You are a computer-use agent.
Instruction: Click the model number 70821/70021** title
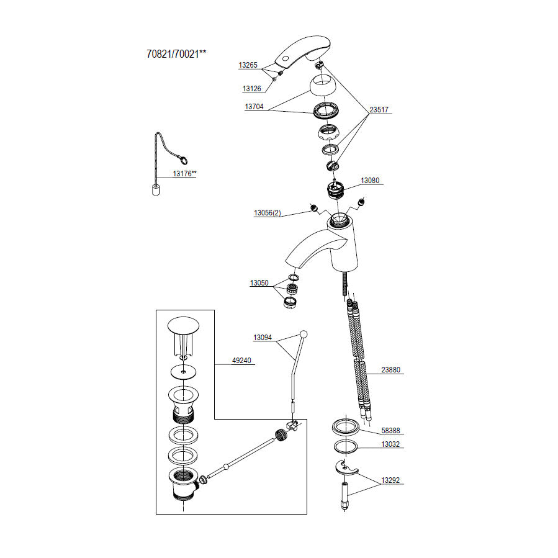(x=176, y=54)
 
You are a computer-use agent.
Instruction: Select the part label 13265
(x=248, y=65)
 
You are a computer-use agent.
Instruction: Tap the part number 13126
(x=251, y=89)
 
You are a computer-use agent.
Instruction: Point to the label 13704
(x=254, y=106)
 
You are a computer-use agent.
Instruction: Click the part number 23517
(x=379, y=110)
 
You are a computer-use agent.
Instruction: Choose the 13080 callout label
(x=370, y=181)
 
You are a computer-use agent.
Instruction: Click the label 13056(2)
(x=268, y=213)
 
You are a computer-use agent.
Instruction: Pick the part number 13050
(x=259, y=283)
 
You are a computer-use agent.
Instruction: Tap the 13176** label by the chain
(x=184, y=174)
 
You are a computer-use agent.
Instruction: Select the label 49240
(x=241, y=361)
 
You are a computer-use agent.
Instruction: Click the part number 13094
(x=263, y=338)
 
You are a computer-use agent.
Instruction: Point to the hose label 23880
(x=391, y=370)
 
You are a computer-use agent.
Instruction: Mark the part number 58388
(x=391, y=431)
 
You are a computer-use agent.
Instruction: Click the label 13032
(x=390, y=444)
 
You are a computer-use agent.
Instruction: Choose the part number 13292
(x=390, y=480)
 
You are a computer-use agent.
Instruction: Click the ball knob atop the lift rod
(x=304, y=334)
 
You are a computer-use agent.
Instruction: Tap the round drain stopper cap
(x=183, y=325)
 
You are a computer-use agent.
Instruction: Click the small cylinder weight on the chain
(x=156, y=190)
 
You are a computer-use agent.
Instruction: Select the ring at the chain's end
(x=183, y=161)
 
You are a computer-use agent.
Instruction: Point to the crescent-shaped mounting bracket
(x=346, y=467)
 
